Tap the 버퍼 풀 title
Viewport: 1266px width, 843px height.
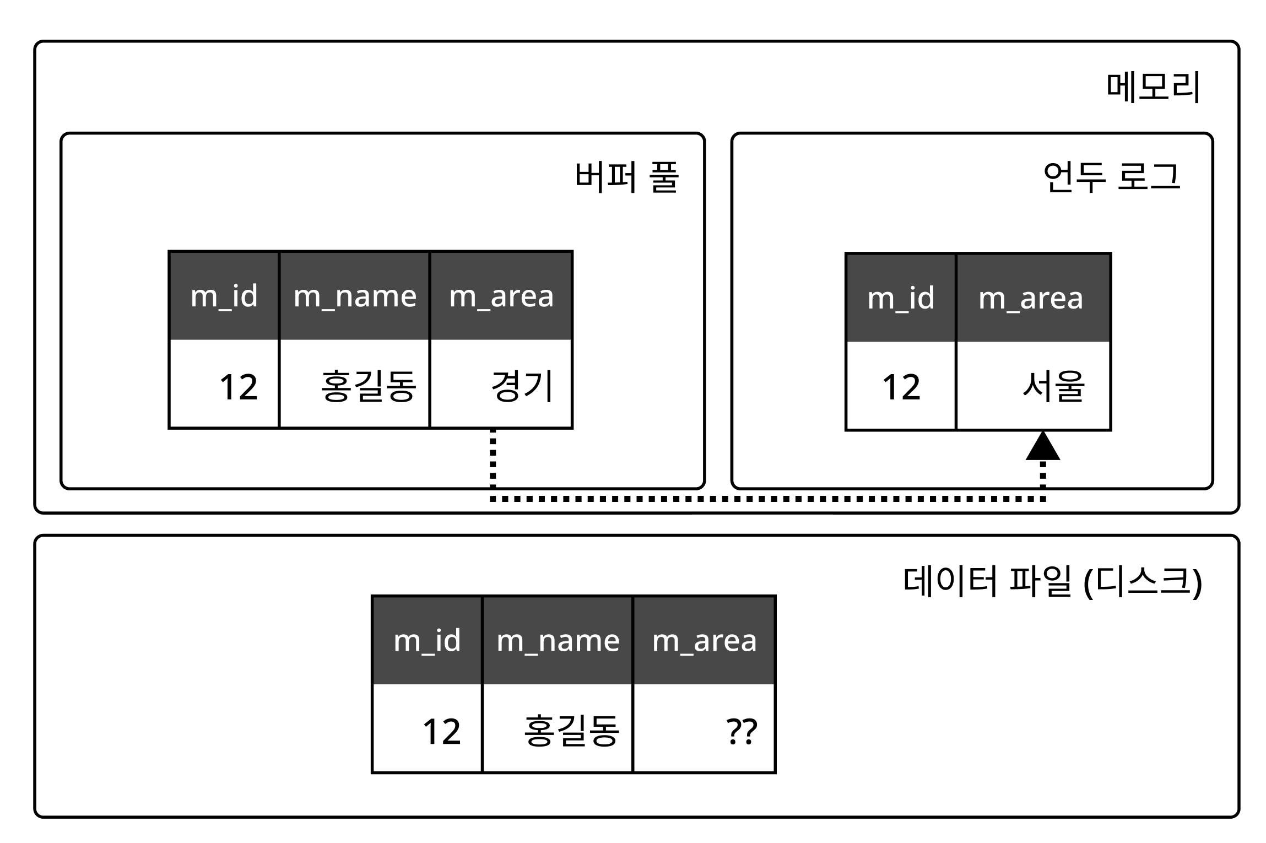(626, 177)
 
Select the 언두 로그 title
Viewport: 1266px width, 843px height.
(1112, 177)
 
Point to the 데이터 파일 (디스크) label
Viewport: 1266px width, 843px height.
(1052, 582)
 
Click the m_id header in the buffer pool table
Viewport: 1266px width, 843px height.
(224, 296)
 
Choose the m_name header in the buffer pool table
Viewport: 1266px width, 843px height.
(354, 296)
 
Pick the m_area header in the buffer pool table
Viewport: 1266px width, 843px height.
(501, 296)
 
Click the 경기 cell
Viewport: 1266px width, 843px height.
(501, 385)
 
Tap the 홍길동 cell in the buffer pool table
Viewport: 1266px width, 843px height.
(355, 385)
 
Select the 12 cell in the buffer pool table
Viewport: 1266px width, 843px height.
(224, 385)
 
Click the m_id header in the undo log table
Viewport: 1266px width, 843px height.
(900, 298)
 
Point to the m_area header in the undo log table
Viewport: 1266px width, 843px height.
(1032, 298)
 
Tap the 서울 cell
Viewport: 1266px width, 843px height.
(1034, 386)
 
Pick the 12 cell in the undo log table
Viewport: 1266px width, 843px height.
(901, 386)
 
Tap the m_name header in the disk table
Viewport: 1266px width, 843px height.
(558, 641)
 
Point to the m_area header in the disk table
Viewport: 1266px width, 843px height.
(704, 641)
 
